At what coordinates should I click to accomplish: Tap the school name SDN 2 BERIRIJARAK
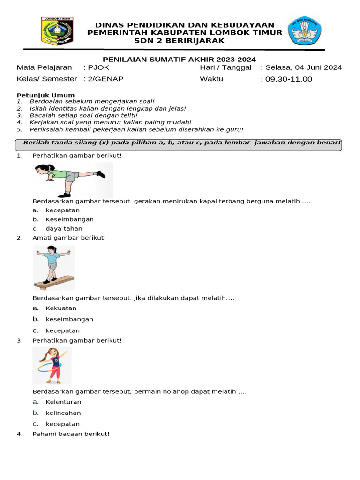(x=186, y=41)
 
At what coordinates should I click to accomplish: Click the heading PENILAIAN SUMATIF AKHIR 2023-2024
(x=180, y=59)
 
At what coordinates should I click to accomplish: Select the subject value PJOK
(x=99, y=67)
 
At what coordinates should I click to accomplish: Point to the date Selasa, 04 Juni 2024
(x=303, y=67)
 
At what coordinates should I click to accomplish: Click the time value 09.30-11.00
(x=289, y=79)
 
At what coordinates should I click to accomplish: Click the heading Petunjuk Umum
(x=39, y=95)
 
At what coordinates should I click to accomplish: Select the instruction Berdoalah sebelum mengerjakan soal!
(x=92, y=101)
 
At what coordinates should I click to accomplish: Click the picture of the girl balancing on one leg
(x=73, y=179)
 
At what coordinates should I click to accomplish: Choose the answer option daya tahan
(x=64, y=229)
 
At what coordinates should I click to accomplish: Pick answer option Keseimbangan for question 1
(x=69, y=219)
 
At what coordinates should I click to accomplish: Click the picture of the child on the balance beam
(x=53, y=268)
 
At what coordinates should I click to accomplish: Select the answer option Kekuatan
(x=61, y=308)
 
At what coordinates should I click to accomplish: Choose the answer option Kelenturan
(x=63, y=402)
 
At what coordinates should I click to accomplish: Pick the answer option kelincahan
(x=63, y=413)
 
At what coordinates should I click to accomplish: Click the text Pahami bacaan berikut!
(x=71, y=434)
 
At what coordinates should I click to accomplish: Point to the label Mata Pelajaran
(x=45, y=67)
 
